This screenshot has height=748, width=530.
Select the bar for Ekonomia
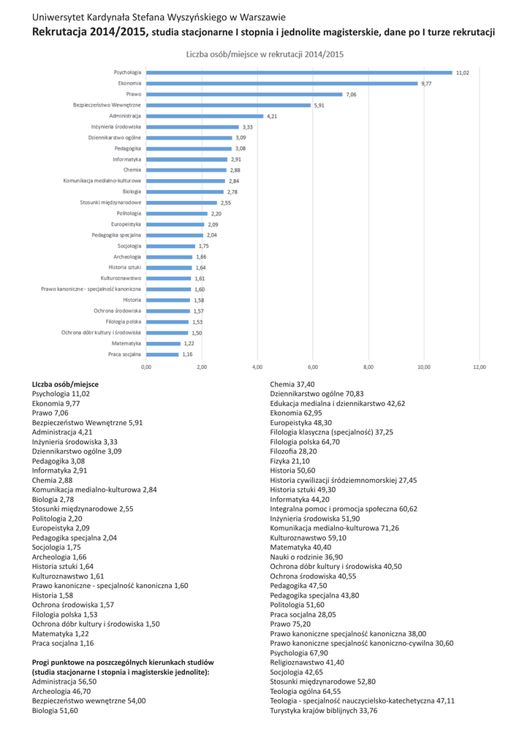click(x=281, y=83)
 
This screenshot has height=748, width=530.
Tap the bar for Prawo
click(x=244, y=94)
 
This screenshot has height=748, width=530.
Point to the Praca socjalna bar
click(x=162, y=354)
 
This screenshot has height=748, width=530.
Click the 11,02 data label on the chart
click(x=462, y=72)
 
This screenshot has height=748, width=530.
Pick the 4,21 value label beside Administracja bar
click(x=272, y=115)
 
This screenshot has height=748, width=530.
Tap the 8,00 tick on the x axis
click(x=368, y=367)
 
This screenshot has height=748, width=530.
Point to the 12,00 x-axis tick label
click(x=479, y=367)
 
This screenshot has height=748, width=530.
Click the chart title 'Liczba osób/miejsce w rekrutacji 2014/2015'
click(x=265, y=54)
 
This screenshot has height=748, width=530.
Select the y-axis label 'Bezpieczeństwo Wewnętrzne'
click(x=107, y=105)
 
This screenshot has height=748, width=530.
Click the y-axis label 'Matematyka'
click(x=126, y=343)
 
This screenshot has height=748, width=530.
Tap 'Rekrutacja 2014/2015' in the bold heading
click(x=91, y=32)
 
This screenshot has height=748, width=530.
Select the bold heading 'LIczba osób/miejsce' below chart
click(x=65, y=383)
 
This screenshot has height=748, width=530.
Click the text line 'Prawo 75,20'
click(x=290, y=624)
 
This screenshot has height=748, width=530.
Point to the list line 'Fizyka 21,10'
click(x=289, y=461)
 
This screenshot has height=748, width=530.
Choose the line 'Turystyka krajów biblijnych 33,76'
click(x=323, y=710)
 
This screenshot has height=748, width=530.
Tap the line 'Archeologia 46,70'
click(x=61, y=690)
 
